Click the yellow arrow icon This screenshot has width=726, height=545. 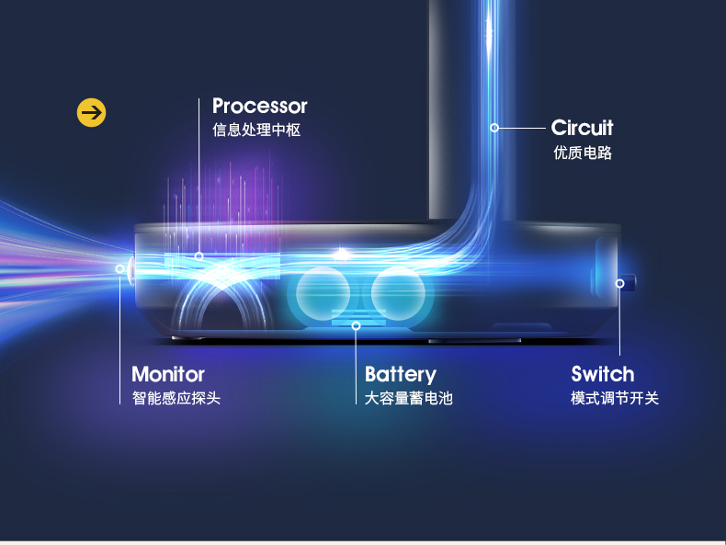click(91, 112)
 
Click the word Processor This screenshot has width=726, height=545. click(260, 107)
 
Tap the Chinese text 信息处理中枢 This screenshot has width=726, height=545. click(256, 131)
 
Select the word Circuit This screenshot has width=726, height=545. click(582, 128)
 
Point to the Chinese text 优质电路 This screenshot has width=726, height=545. click(583, 153)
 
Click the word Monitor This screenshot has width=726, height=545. click(168, 374)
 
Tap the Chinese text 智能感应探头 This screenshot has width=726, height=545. click(176, 398)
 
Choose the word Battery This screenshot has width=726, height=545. click(401, 375)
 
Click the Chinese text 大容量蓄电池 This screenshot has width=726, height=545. click(408, 398)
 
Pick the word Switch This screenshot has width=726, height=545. click(602, 374)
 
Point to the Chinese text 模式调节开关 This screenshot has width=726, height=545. click(615, 398)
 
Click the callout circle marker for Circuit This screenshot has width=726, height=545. click(494, 128)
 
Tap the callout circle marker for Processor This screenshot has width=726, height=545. click(199, 256)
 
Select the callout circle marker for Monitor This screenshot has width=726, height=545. click(119, 268)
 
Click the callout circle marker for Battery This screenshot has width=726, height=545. click(356, 326)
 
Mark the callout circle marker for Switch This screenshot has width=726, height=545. click(620, 283)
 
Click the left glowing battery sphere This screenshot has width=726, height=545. click(323, 293)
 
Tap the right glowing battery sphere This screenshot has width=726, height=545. click(398, 293)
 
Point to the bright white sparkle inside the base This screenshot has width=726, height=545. click(342, 254)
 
